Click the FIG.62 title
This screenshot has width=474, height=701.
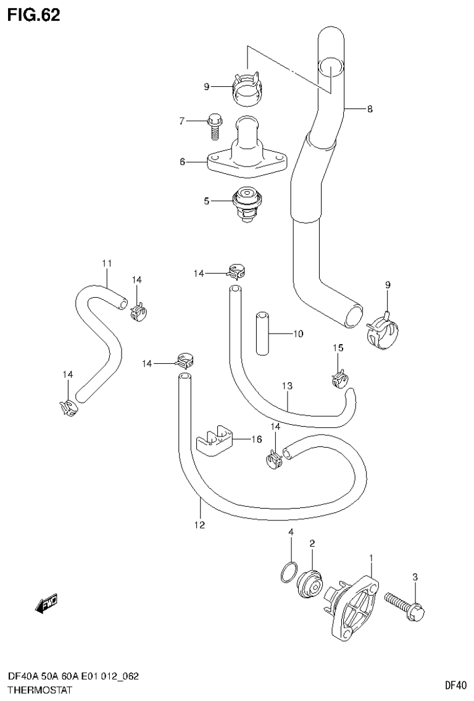pyautogui.click(x=34, y=15)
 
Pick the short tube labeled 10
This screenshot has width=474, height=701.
pyautogui.click(x=262, y=334)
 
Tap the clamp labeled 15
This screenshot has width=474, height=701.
pyautogui.click(x=338, y=380)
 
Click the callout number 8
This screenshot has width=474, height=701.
pyautogui.click(x=369, y=109)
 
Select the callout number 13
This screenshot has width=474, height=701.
pyautogui.click(x=287, y=387)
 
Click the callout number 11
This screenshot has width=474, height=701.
pyautogui.click(x=106, y=264)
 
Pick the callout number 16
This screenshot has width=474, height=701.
pyautogui.click(x=256, y=439)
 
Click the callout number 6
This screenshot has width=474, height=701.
pyautogui.click(x=182, y=162)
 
